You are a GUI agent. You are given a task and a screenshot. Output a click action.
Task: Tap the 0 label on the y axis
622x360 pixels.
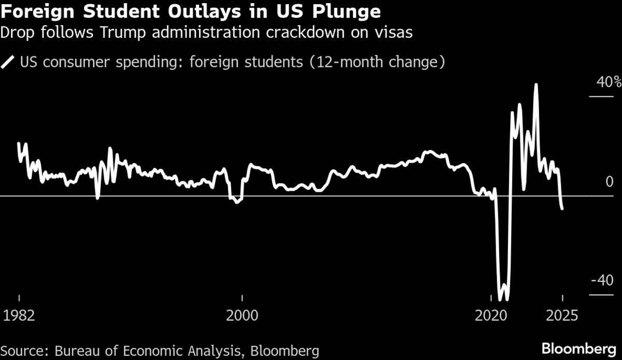[610, 181]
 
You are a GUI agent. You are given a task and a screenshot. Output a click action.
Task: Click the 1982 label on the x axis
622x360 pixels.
[19, 315]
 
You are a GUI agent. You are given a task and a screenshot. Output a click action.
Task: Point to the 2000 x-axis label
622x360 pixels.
[242, 315]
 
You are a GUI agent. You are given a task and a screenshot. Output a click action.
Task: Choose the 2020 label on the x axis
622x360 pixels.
[490, 315]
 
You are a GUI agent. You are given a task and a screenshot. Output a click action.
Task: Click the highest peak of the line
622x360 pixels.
[536, 84]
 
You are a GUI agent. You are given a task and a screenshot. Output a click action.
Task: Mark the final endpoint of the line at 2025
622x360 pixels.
[562, 208]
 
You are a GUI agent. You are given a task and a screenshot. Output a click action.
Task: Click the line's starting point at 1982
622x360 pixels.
[19, 143]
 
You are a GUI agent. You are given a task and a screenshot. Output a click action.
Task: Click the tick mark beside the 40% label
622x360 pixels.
[602, 96]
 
